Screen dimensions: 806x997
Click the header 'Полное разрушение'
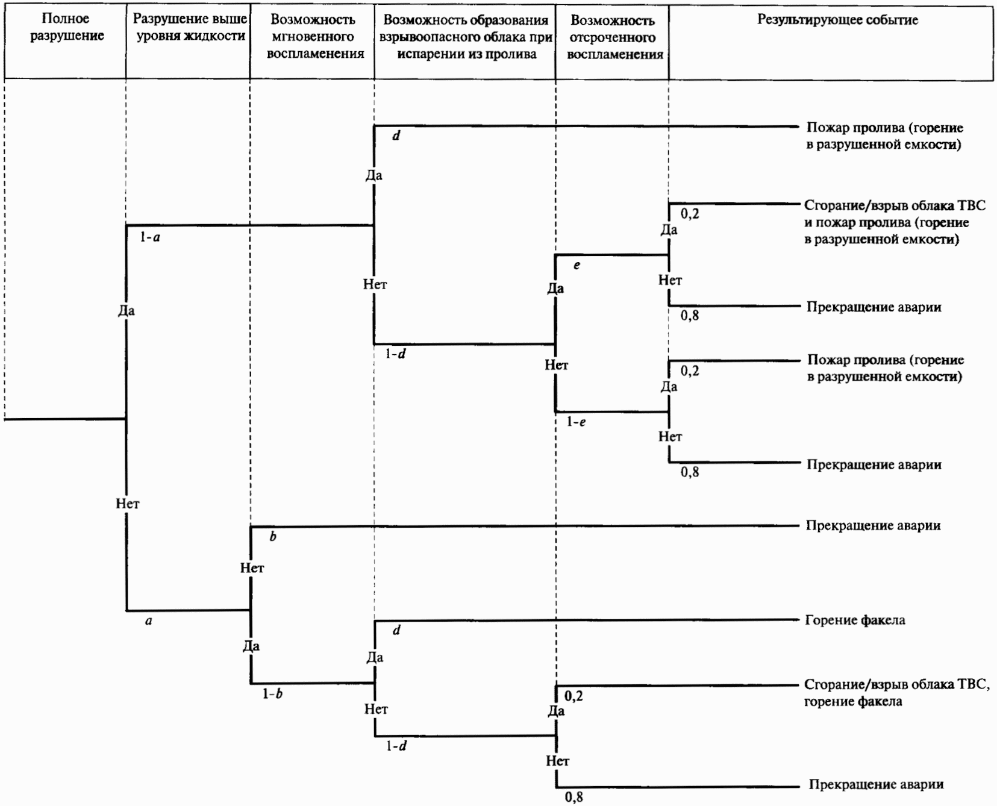tap(66, 28)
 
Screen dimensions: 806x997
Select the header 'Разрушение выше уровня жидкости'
tap(190, 28)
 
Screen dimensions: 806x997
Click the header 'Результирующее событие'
tap(837, 20)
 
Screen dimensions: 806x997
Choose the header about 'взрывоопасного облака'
tap(466, 37)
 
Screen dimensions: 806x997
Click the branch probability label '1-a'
tap(150, 237)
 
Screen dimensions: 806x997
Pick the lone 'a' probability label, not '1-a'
tap(149, 621)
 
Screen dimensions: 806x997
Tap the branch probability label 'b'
tap(273, 537)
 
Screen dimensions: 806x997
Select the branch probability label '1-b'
tap(272, 694)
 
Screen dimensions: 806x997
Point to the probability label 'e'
tap(577, 266)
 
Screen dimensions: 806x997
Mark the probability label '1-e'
tap(576, 422)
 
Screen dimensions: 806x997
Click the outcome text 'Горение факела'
tap(855, 620)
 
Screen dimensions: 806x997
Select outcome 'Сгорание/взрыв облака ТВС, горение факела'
tap(896, 693)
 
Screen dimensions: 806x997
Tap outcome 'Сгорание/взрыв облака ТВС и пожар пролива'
tap(894, 222)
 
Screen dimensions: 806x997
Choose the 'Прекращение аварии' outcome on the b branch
tap(873, 525)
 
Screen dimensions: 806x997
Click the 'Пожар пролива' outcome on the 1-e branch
tap(885, 368)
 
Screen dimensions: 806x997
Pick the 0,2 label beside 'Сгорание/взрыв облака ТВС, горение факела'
tap(574, 696)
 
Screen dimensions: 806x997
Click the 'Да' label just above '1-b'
tap(251, 646)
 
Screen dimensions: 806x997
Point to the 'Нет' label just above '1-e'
tap(556, 365)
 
